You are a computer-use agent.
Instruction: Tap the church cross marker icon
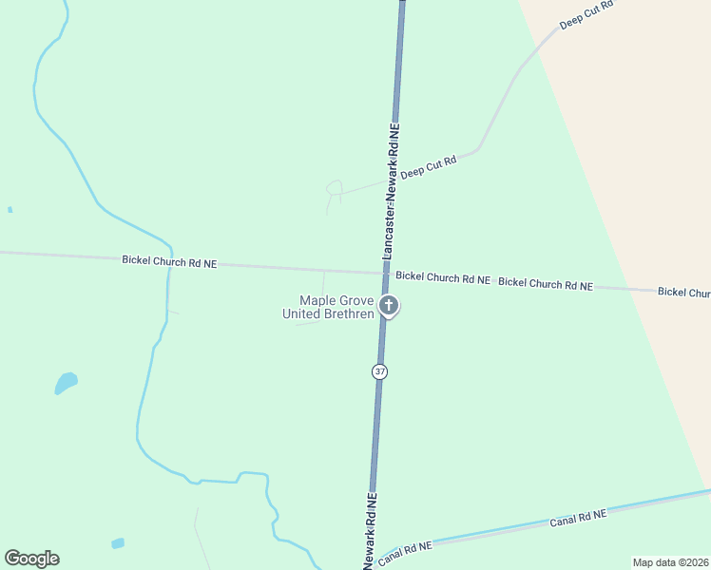click(x=388, y=305)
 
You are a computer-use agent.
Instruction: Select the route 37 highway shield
click(x=380, y=370)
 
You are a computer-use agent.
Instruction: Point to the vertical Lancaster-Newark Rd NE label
click(x=392, y=190)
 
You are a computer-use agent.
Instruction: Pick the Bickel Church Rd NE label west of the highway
click(x=169, y=261)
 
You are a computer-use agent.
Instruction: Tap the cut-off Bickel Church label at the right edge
click(x=683, y=292)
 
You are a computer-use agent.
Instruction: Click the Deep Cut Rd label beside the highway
click(x=428, y=168)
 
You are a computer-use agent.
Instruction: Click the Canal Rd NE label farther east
click(x=578, y=518)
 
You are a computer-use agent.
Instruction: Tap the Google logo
click(x=31, y=559)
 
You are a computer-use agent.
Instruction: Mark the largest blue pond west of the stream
click(x=66, y=382)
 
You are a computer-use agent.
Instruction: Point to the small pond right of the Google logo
click(x=117, y=543)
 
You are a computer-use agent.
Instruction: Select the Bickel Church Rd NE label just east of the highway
click(x=443, y=278)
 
